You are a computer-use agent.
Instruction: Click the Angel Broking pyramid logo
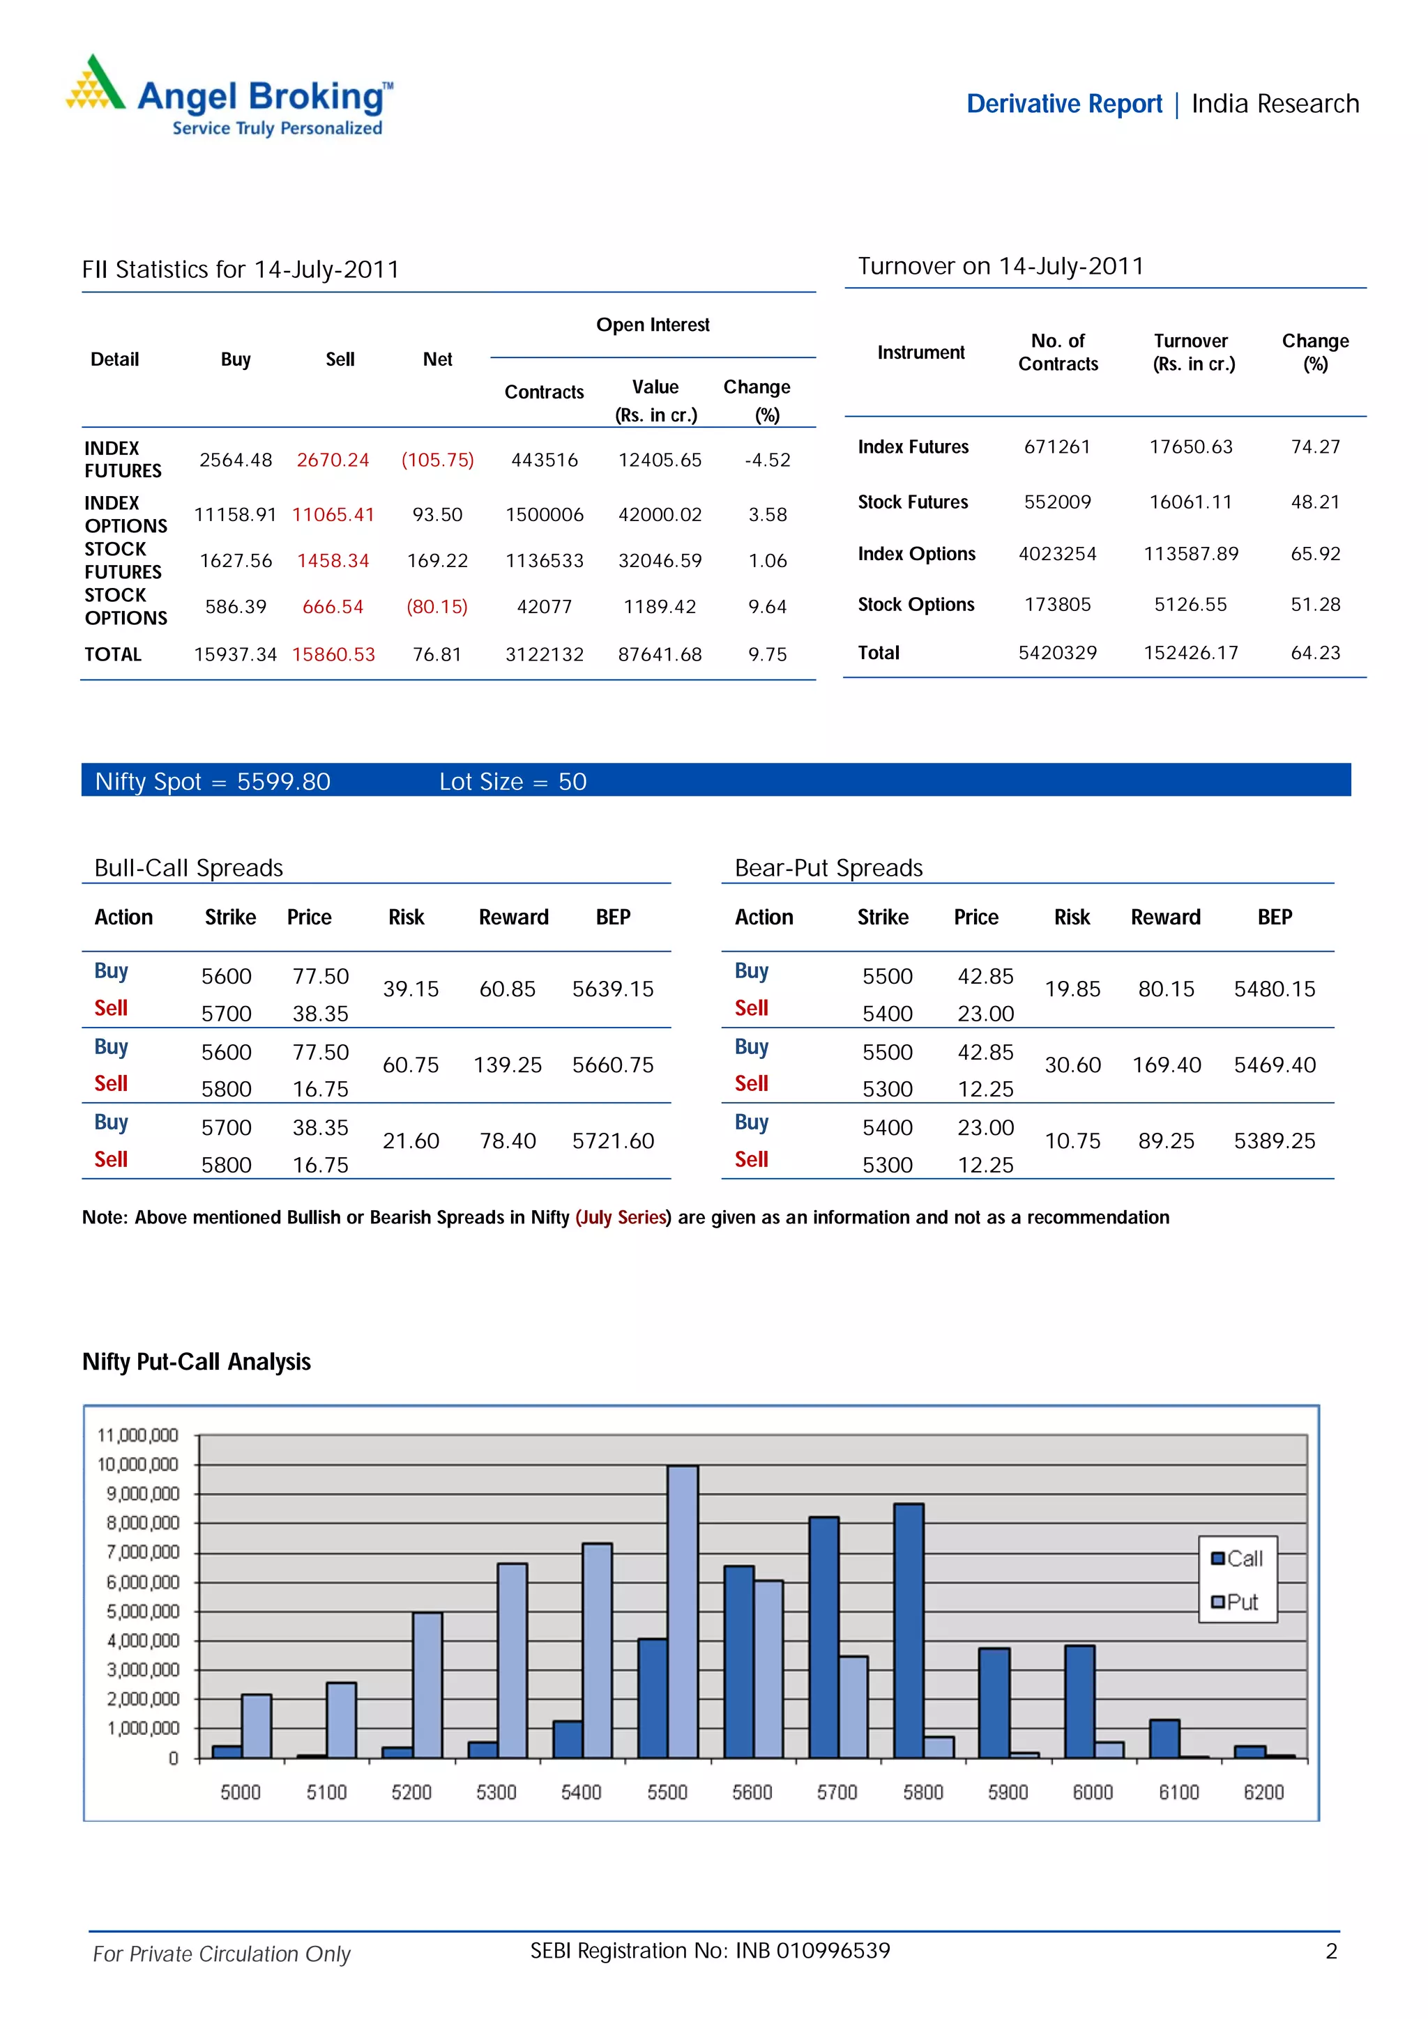tap(95, 84)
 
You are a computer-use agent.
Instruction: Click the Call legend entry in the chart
tap(1237, 1558)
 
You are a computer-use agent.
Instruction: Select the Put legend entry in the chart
tap(1236, 1601)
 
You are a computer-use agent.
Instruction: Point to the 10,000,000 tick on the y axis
tap(137, 1464)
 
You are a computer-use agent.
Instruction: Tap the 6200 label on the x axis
tap(1263, 1792)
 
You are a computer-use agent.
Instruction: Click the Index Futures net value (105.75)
tap(437, 460)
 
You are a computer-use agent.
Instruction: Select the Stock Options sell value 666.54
tap(333, 607)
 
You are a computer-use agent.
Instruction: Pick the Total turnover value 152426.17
tap(1190, 653)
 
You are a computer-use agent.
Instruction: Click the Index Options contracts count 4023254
tap(1058, 554)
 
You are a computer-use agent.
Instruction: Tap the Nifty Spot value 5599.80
tap(283, 782)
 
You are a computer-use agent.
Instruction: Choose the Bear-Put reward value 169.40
tap(1166, 1065)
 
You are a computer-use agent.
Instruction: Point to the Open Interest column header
tap(653, 325)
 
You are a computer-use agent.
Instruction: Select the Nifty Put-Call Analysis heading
tap(196, 1361)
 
